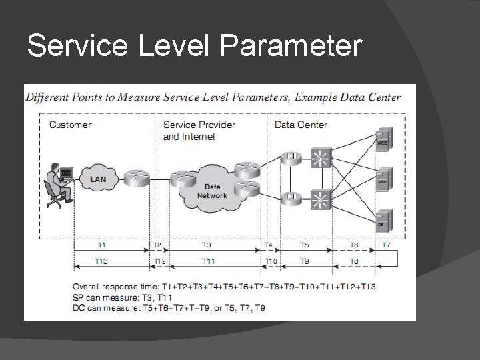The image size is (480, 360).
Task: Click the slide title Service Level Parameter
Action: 195,47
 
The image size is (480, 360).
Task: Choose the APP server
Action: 382,179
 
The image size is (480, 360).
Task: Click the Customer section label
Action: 70,125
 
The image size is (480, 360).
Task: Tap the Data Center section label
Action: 301,125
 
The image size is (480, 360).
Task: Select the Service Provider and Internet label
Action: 199,131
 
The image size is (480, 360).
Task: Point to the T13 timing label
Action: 102,261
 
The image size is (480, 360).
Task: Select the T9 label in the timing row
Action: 305,261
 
